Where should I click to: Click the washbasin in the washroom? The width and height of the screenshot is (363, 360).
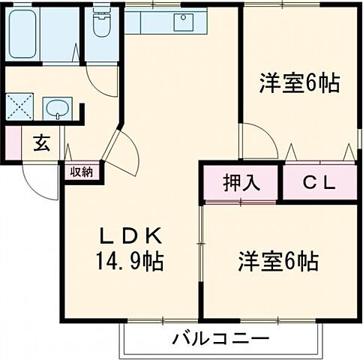pos(55,109)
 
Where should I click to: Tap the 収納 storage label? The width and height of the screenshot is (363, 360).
pos(82,171)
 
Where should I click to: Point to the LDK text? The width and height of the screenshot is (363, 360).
pos(132,238)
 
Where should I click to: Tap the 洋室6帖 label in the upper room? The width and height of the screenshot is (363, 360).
pos(300,82)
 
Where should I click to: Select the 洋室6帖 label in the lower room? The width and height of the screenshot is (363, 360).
pos(278,262)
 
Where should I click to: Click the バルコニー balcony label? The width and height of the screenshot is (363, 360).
pos(220,339)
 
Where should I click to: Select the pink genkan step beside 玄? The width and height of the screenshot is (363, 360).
pos(12,142)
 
